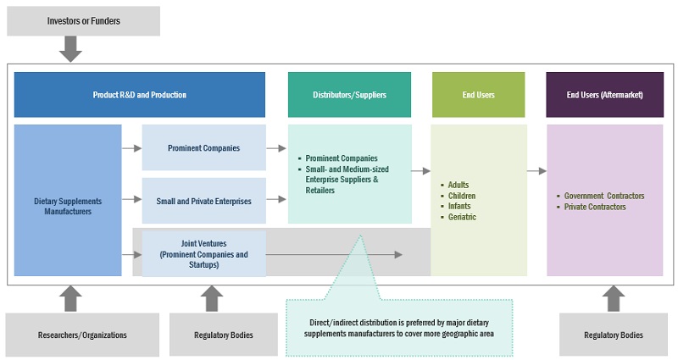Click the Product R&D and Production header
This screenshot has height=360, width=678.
[x=139, y=95]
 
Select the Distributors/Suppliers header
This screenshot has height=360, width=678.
[x=349, y=95]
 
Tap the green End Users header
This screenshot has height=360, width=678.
[x=478, y=95]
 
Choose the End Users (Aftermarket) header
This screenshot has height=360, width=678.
[x=604, y=95]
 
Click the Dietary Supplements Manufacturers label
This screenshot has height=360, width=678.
[x=68, y=206]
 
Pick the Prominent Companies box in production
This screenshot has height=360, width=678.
[x=203, y=148]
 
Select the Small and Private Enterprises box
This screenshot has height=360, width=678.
[x=203, y=201]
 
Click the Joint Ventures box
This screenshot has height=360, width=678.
[x=203, y=253]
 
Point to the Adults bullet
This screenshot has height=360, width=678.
[x=458, y=185]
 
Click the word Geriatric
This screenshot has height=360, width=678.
[x=463, y=218]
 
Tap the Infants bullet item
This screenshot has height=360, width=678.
[x=459, y=207]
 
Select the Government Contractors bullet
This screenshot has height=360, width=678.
[x=604, y=196]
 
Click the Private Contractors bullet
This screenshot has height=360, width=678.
[x=595, y=207]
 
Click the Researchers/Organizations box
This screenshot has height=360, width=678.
[x=82, y=335]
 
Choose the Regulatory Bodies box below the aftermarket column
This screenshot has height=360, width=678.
[x=614, y=335]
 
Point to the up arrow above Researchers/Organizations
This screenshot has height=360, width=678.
[x=71, y=296]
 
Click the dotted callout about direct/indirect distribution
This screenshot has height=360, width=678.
[x=398, y=327]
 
